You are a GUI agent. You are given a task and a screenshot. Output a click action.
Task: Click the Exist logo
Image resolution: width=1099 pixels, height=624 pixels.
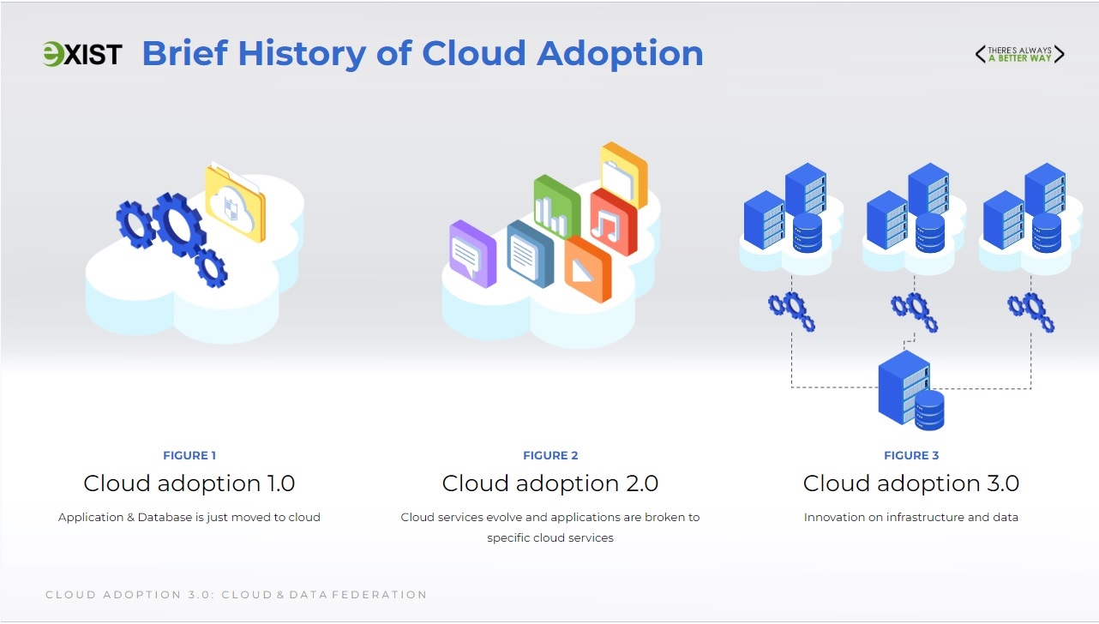click(x=82, y=54)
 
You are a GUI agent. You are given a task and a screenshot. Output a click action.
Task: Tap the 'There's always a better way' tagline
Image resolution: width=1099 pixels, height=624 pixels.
click(x=1019, y=54)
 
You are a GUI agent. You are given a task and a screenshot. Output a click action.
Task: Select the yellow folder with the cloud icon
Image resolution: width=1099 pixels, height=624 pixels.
click(x=235, y=203)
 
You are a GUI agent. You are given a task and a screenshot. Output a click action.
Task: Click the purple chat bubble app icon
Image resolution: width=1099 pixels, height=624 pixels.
click(x=472, y=254)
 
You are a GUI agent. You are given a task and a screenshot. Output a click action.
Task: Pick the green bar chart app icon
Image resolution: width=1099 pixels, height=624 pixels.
click(x=557, y=207)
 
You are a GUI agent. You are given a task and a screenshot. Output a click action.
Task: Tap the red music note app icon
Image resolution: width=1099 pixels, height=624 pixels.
click(x=613, y=222)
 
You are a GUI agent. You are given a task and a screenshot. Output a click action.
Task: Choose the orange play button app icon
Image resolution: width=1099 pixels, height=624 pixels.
click(x=588, y=269)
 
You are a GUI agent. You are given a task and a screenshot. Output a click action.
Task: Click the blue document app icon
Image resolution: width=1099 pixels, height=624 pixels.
click(x=531, y=254)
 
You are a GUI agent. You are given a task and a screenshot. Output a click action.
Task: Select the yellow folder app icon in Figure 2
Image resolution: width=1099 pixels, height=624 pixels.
click(x=623, y=174)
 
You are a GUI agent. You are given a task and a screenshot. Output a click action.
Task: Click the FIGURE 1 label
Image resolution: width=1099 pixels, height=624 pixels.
click(x=189, y=455)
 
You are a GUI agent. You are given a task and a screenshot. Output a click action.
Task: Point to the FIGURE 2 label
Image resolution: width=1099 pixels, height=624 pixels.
click(x=550, y=455)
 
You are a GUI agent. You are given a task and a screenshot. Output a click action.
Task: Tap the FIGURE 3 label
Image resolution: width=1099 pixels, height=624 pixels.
click(x=911, y=455)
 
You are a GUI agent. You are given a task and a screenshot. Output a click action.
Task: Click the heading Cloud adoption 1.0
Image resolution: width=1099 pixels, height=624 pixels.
click(x=189, y=483)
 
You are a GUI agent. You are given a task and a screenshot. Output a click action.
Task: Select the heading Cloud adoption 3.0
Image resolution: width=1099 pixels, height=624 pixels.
click(x=911, y=483)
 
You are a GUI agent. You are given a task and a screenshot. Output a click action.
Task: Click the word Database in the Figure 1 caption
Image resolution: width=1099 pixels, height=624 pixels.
click(x=165, y=517)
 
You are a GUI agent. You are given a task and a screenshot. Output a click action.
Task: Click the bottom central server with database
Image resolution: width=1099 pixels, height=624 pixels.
click(x=911, y=391)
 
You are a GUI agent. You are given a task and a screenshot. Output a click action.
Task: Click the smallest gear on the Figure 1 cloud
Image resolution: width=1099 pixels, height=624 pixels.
click(x=212, y=267)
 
